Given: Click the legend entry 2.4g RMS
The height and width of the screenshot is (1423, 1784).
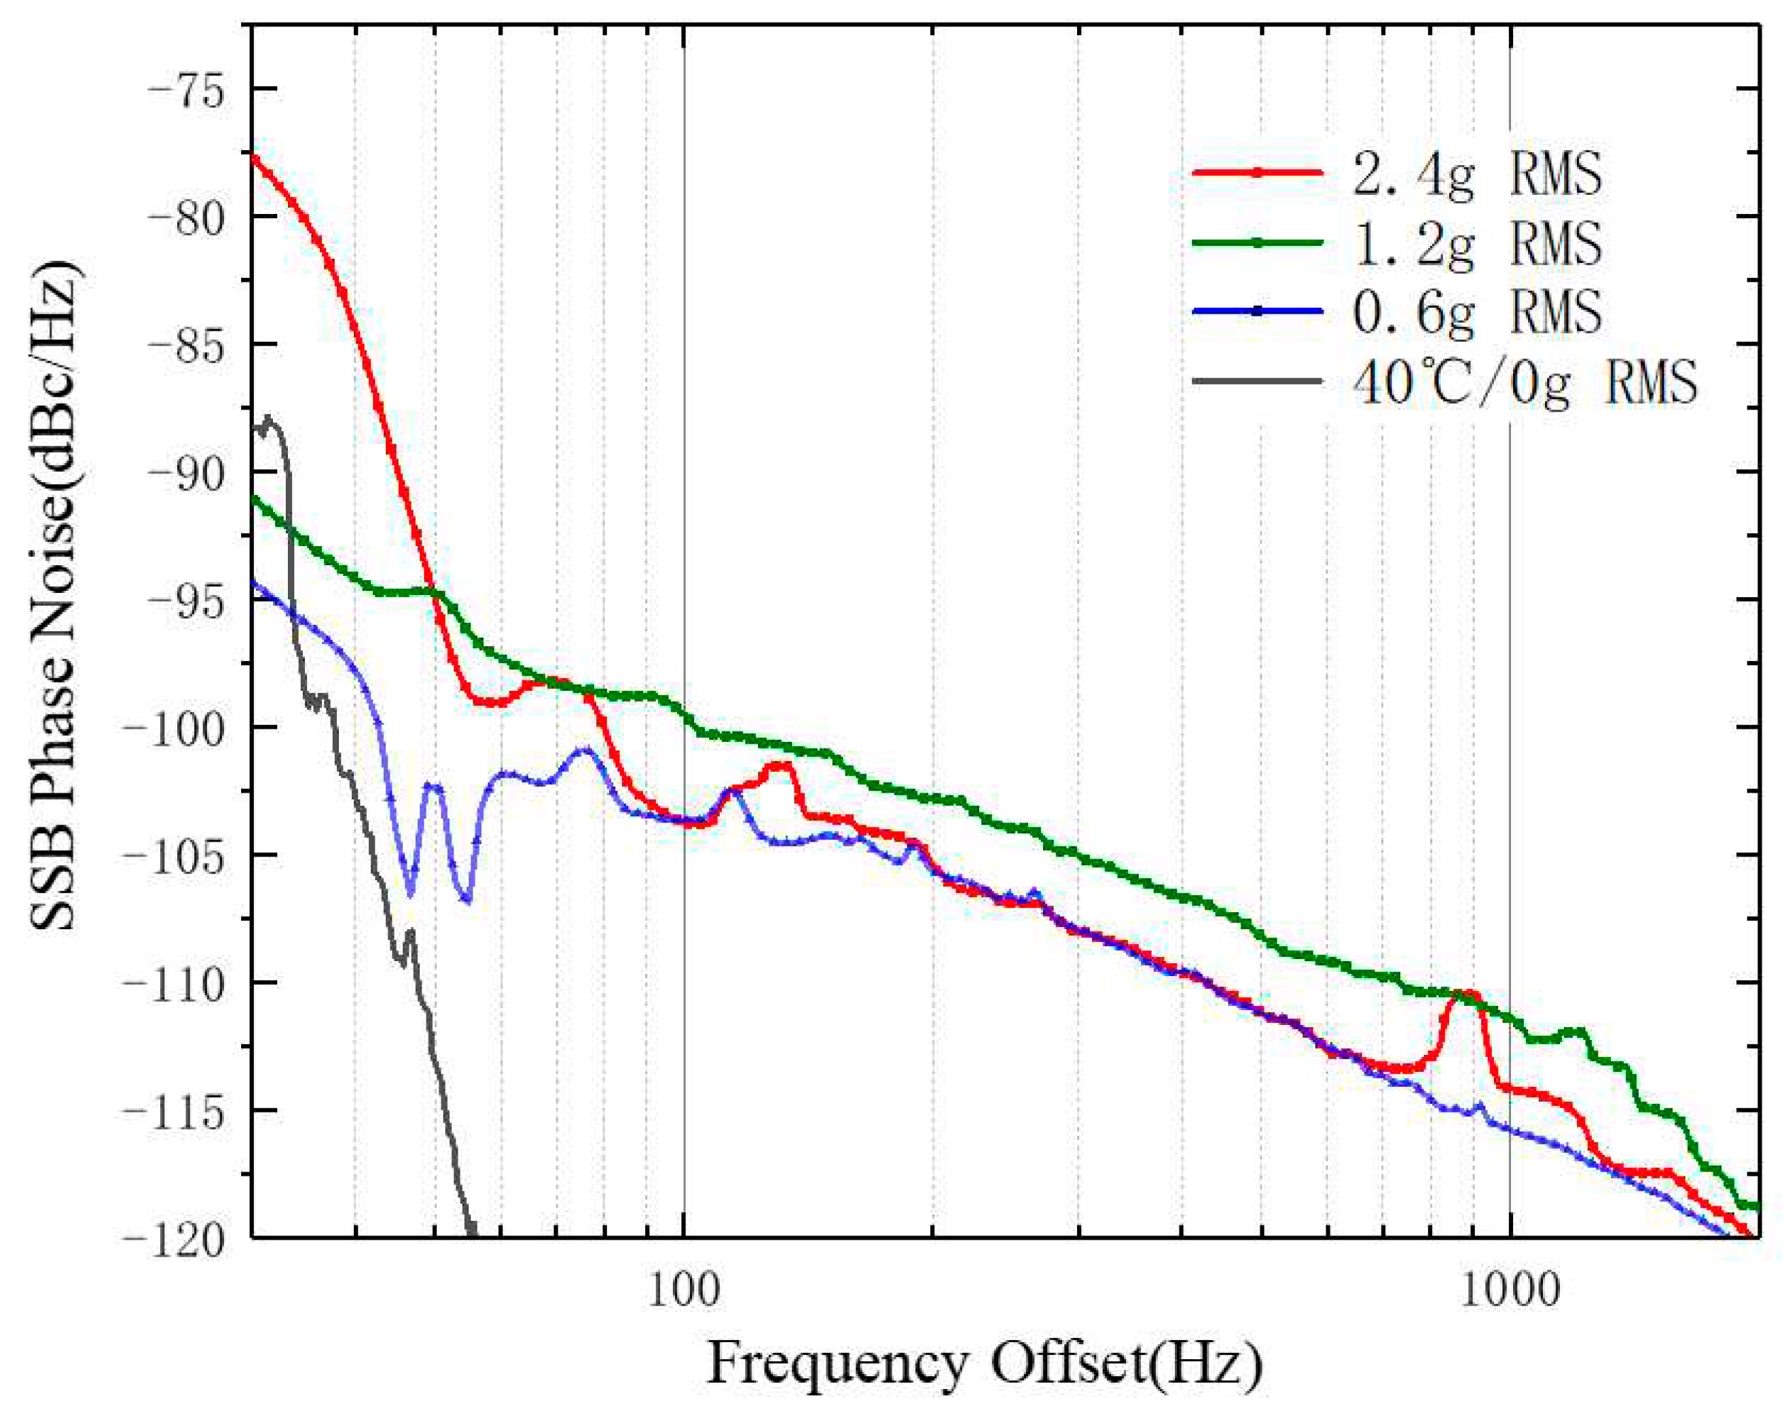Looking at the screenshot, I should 1476,174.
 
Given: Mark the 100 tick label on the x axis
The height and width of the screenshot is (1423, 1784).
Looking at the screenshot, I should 683,1291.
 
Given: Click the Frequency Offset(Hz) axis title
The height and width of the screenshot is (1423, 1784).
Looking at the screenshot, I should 985,1363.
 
